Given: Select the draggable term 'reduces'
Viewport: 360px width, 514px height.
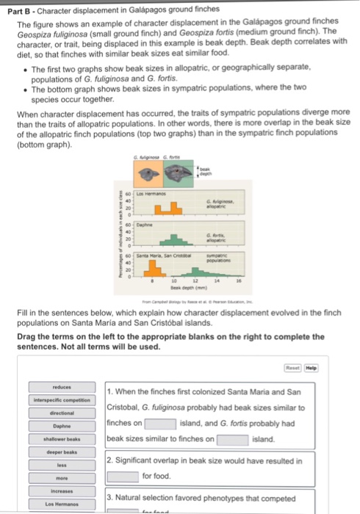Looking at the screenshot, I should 60,385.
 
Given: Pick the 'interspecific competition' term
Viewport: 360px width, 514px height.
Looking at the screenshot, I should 60,399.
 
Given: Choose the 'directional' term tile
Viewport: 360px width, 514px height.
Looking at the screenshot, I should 60,413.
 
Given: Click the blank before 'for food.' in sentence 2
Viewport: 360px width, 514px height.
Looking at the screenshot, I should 122,476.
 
